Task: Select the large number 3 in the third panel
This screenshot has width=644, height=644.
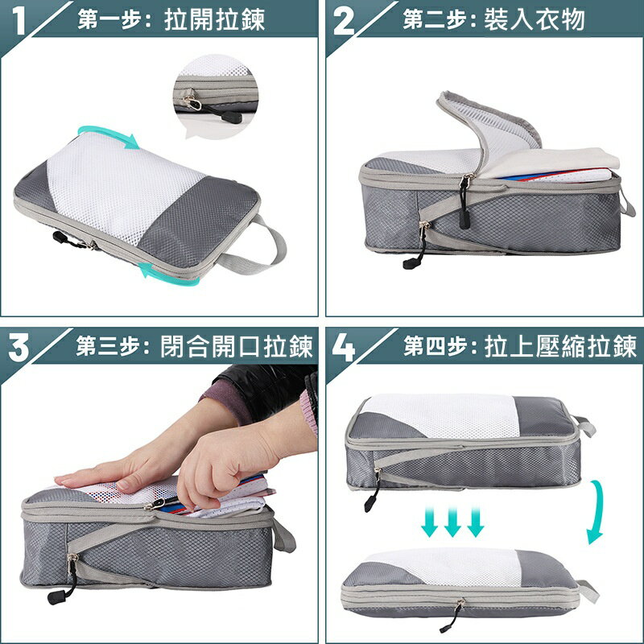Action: pos(19,348)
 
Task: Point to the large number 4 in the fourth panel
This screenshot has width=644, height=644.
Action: pos(344,348)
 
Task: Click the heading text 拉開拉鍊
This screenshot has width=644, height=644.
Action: pos(214,19)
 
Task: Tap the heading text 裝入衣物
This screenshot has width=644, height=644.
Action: pos(535,19)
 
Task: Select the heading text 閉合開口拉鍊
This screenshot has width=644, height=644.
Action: pos(237,346)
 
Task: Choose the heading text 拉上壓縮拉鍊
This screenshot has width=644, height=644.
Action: pos(560,346)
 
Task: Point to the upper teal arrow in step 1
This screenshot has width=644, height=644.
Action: pos(108,132)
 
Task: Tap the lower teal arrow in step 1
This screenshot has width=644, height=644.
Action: pos(168,276)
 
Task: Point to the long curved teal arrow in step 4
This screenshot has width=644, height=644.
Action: pos(597,511)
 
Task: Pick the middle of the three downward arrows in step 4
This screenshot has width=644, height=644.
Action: pos(452,522)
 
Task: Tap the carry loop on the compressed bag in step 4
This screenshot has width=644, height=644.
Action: pos(588,592)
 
